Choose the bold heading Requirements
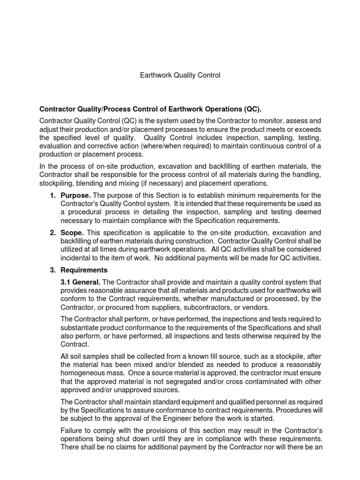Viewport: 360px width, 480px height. point(84,270)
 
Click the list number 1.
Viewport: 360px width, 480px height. point(53,195)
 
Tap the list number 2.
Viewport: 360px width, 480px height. point(53,233)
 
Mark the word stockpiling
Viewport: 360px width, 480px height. point(58,183)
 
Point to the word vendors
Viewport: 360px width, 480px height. point(281,307)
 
